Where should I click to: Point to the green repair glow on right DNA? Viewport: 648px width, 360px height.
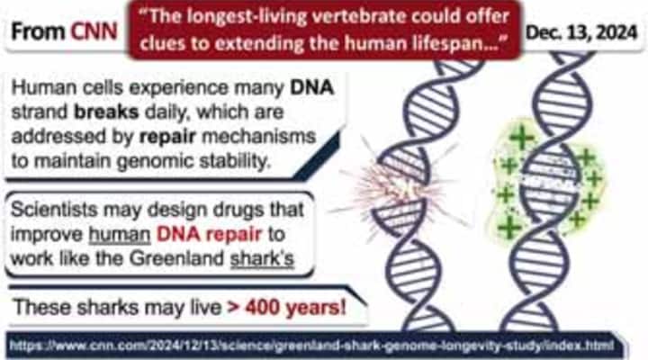point(549,180)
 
